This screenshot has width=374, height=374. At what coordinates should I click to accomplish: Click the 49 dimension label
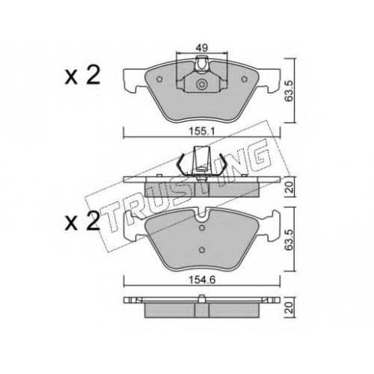click(202, 48)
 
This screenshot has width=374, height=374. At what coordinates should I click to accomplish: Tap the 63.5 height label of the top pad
click(289, 91)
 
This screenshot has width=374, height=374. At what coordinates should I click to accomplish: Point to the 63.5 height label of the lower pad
click(289, 239)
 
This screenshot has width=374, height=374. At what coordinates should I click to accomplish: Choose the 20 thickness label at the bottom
click(289, 307)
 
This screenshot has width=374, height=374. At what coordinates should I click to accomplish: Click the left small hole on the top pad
click(159, 79)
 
